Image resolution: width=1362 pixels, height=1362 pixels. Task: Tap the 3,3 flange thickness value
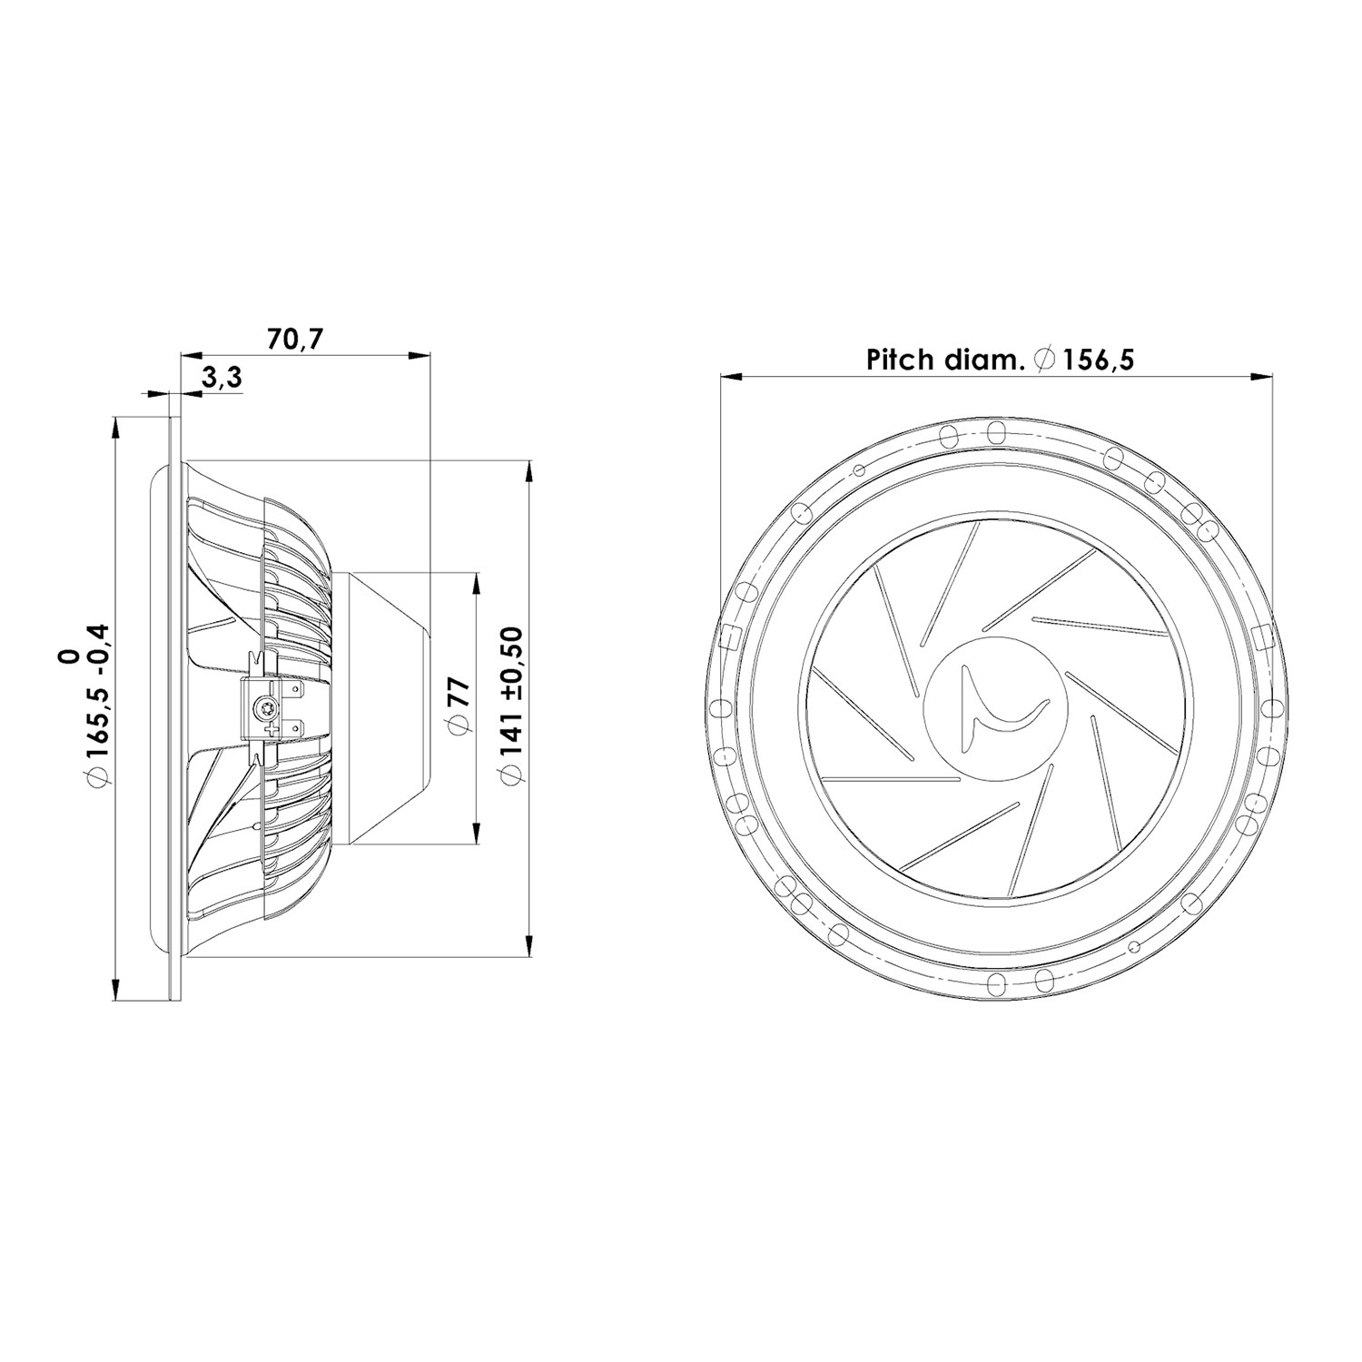pos(222,379)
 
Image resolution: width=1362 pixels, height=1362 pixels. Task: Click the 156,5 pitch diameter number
pos(1099,360)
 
